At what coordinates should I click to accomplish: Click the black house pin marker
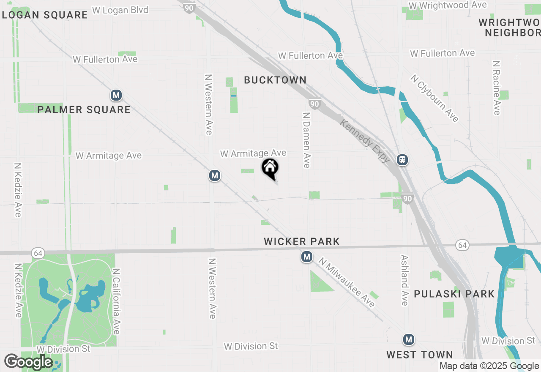pos(270,168)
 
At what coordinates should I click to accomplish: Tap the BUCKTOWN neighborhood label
pos(275,80)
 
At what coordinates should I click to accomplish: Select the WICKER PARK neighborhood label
pos(302,241)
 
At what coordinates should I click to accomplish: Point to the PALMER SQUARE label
pos(84,110)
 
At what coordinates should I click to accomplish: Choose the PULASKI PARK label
pos(454,294)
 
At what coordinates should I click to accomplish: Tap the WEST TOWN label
pos(419,355)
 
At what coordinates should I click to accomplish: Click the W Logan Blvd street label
pos(120,10)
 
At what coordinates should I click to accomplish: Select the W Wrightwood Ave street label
pos(447,5)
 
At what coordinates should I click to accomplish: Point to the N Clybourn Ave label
pos(434,98)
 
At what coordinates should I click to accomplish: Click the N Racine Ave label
pos(497,88)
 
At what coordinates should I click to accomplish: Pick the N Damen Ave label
pos(307,139)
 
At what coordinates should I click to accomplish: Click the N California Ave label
pos(116,301)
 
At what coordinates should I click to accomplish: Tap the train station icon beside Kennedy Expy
pos(402,160)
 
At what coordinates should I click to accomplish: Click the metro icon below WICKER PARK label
pos(307,257)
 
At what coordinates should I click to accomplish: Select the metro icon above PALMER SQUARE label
pos(116,95)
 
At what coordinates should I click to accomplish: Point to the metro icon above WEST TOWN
pos(408,339)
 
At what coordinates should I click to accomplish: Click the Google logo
pos(28,362)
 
